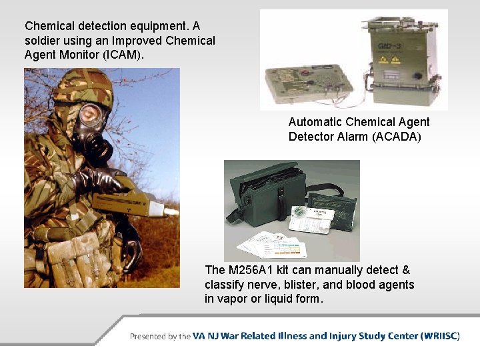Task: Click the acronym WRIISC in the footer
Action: pyautogui.click(x=440, y=336)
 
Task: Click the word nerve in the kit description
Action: pyautogui.click(x=270, y=285)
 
